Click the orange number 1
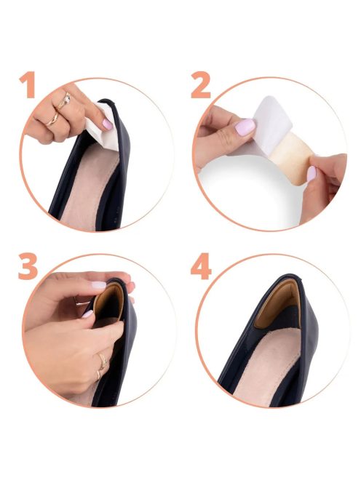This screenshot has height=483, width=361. click(x=28, y=84)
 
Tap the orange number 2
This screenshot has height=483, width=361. click(x=201, y=84)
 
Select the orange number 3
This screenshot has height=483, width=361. click(x=28, y=266)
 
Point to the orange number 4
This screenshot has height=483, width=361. click(x=201, y=266)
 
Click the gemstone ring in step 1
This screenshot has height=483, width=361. click(x=65, y=101)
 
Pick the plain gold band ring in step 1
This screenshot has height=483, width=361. click(x=52, y=119)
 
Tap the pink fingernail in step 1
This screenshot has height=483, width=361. click(x=107, y=124)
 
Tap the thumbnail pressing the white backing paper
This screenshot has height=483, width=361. click(x=245, y=127)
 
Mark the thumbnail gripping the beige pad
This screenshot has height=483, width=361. click(x=312, y=173)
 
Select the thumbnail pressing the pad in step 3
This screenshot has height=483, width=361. click(x=87, y=314)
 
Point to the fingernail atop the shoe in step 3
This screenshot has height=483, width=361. click(x=99, y=285)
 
